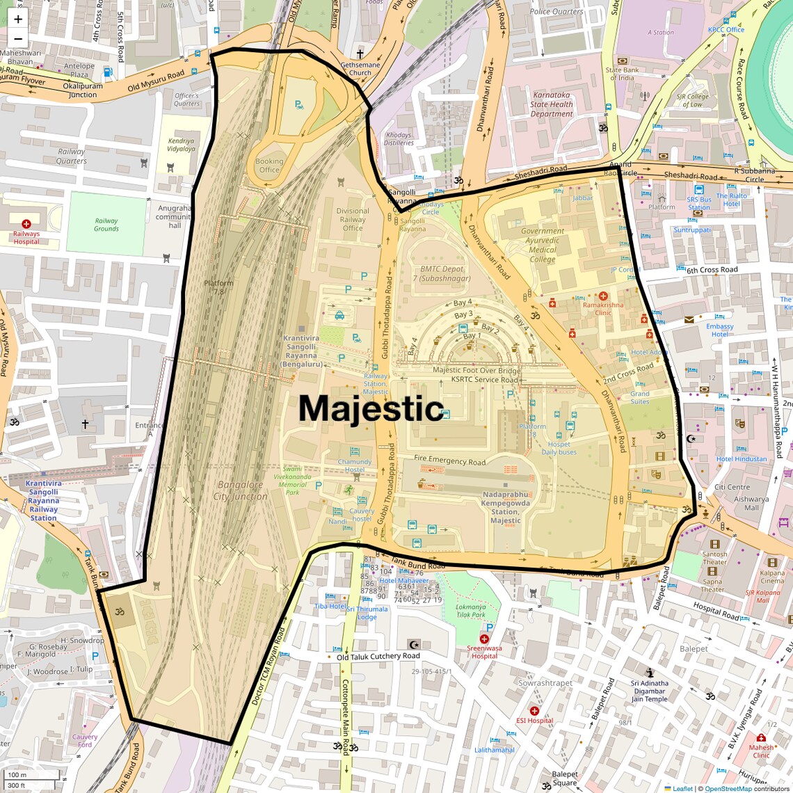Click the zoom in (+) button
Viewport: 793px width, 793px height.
pyautogui.click(x=18, y=19)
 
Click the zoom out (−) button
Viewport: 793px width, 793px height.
pyautogui.click(x=18, y=39)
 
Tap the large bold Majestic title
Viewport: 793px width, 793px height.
pyautogui.click(x=371, y=408)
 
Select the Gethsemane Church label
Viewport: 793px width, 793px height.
pyautogui.click(x=360, y=68)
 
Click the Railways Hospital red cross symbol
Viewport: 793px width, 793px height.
pyautogui.click(x=26, y=224)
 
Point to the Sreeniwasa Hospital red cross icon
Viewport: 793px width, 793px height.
pyautogui.click(x=484, y=639)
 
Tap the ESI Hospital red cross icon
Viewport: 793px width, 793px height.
pyautogui.click(x=534, y=711)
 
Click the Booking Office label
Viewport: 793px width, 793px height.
pyautogui.click(x=269, y=166)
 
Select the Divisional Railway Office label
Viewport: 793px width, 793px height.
pyautogui.click(x=353, y=219)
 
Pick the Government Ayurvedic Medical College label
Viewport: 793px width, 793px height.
pyautogui.click(x=543, y=245)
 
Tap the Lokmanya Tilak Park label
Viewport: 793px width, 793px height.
pyautogui.click(x=471, y=611)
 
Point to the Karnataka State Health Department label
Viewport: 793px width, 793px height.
pyautogui.click(x=552, y=104)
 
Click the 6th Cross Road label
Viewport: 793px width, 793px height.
pyautogui.click(x=712, y=270)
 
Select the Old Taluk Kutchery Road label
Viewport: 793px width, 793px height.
pyautogui.click(x=378, y=656)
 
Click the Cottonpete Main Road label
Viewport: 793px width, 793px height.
pyautogui.click(x=345, y=716)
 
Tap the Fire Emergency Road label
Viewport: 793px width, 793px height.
pyautogui.click(x=449, y=460)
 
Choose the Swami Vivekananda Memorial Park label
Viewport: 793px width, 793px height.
pyautogui.click(x=292, y=481)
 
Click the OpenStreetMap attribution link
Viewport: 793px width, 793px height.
pyautogui.click(x=728, y=789)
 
